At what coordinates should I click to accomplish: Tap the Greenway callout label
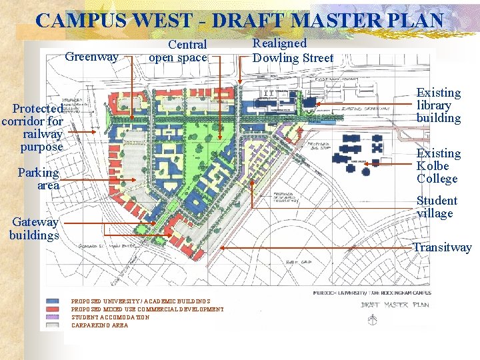coord(92,57)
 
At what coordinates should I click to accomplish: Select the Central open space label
coord(178,51)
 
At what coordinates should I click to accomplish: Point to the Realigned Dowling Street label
coord(293,51)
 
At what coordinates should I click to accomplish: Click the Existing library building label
coord(439,105)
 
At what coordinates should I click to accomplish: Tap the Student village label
coord(437,207)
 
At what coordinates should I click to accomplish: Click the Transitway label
coord(442,247)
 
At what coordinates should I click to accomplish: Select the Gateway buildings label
coord(34,228)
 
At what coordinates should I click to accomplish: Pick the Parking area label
coord(39,179)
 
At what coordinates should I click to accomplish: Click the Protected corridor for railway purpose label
coord(33,127)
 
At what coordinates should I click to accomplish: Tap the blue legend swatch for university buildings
coord(52,301)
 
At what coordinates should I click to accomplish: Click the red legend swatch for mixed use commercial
coord(52,309)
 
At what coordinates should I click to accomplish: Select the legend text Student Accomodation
coord(110,317)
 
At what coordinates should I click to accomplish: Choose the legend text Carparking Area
coord(99,325)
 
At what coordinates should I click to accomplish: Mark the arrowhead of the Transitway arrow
coord(222,247)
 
